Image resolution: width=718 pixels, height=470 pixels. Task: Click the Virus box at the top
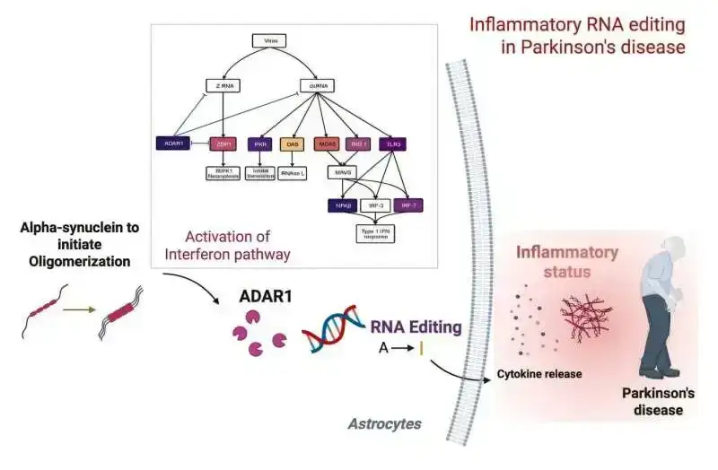pyautogui.click(x=268, y=41)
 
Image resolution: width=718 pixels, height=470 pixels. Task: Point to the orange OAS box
pyautogui.click(x=293, y=144)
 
